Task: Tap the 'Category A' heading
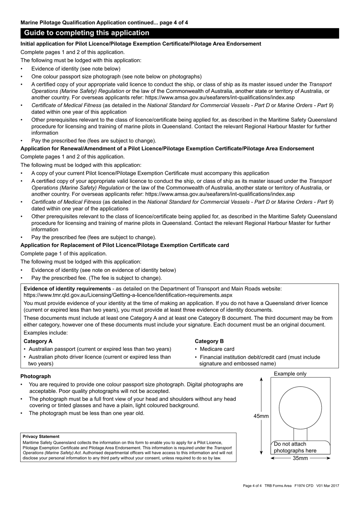(x=38, y=341)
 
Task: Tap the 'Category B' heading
(x=209, y=341)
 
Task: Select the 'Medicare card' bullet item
(x=217, y=349)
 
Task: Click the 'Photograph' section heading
(x=36, y=376)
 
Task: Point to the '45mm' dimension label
(x=261, y=416)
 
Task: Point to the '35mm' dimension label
(x=300, y=458)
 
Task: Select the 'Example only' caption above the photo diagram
(x=290, y=374)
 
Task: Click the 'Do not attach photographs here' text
(x=295, y=447)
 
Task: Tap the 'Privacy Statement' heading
(x=41, y=437)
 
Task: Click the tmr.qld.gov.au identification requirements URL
(x=128, y=295)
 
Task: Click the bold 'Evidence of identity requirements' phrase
(x=67, y=289)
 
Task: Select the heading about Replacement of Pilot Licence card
(x=125, y=245)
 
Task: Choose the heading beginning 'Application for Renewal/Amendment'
(x=167, y=148)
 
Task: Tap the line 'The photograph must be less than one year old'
(x=86, y=413)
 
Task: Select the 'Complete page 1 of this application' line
(x=64, y=253)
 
